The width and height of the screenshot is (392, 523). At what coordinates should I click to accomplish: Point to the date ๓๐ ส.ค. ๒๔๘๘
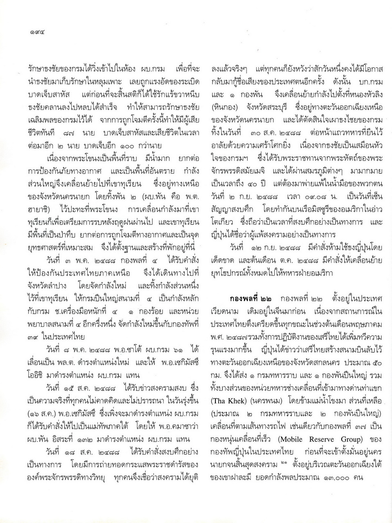pyautogui.click(x=277, y=133)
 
